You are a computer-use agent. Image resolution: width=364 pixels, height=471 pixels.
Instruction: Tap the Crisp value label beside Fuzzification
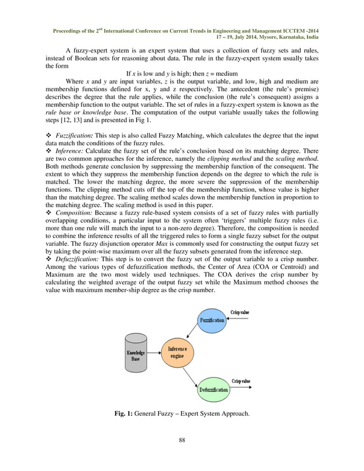[x=240, y=312]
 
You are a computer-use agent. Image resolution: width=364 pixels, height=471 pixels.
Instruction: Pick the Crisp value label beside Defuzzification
[x=241, y=380]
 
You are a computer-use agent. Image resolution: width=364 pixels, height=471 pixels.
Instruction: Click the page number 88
[x=182, y=440]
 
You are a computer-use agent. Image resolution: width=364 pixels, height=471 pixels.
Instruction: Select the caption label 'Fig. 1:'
[x=126, y=412]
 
